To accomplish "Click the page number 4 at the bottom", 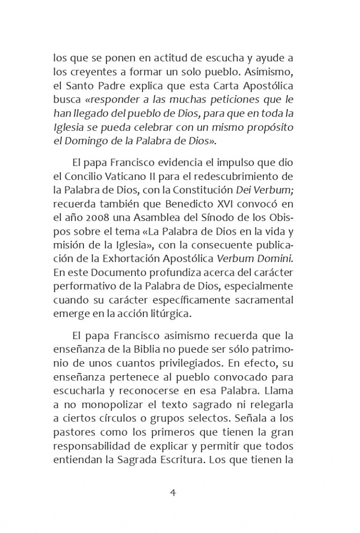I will [x=172, y=493].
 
